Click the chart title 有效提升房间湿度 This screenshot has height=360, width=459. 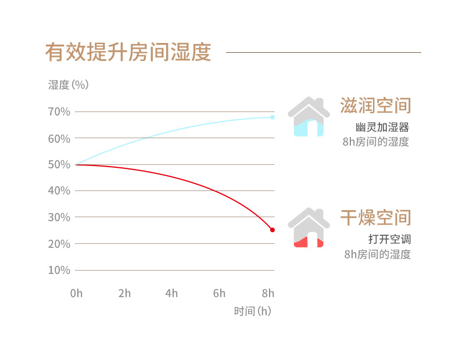(x=128, y=52)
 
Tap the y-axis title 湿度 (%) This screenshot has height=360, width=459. (x=68, y=85)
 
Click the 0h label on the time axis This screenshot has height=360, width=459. (x=76, y=293)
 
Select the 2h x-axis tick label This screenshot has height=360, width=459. (x=124, y=293)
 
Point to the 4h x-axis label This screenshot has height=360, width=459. (x=171, y=293)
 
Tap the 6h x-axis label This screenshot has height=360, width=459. (x=219, y=293)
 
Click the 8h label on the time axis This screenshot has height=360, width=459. (x=267, y=293)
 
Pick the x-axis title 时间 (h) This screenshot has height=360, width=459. (x=253, y=311)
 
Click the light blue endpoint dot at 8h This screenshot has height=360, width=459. (x=272, y=117)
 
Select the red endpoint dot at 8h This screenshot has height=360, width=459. (x=272, y=230)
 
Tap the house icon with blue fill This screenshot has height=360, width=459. (x=309, y=117)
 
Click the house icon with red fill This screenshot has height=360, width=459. (x=309, y=228)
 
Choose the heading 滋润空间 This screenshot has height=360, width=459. (x=375, y=106)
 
